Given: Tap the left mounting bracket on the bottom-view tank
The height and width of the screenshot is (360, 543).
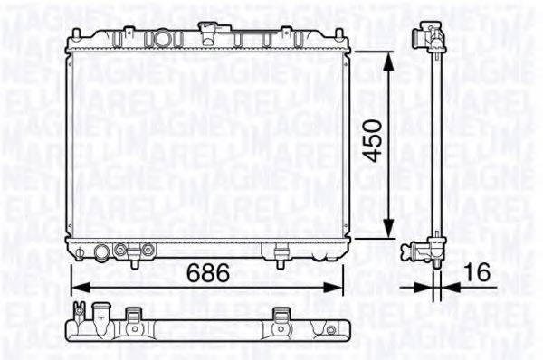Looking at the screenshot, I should pyautogui.click(x=136, y=317).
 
